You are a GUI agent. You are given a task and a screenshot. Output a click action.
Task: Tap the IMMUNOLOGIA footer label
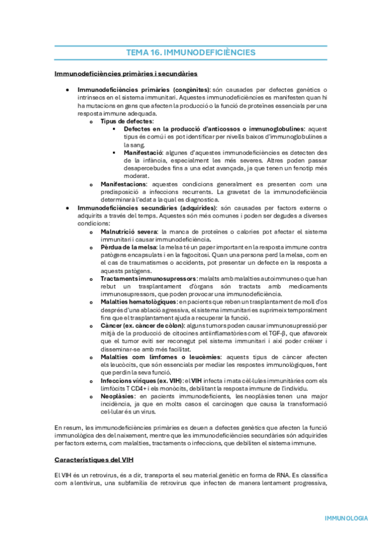coord(346,518)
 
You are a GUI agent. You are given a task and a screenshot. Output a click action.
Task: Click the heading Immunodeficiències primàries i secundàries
coord(126,74)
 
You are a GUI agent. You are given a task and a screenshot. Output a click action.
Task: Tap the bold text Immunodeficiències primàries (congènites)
coord(143,90)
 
